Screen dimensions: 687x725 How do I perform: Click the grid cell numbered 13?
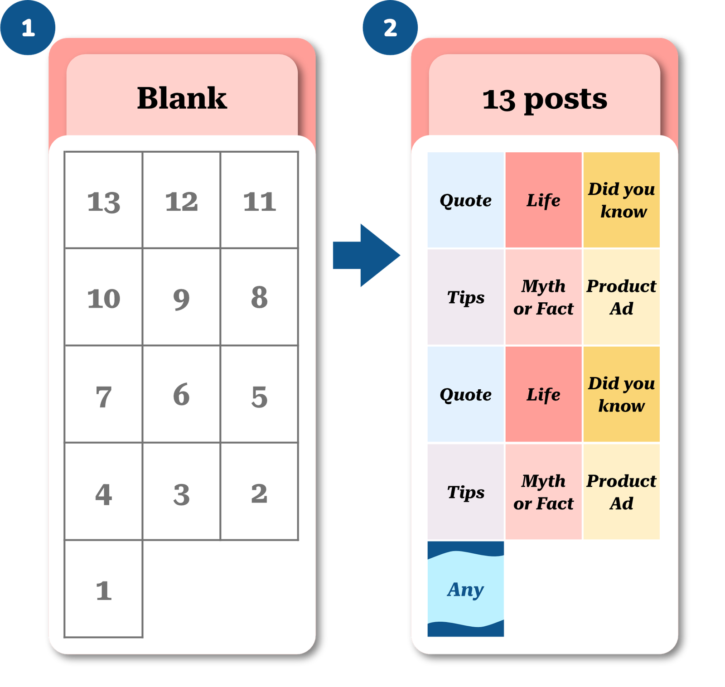click(104, 201)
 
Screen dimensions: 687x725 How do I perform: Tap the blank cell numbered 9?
click(181, 298)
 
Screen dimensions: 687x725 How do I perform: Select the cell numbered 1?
click(104, 590)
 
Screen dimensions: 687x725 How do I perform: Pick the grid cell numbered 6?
click(181, 395)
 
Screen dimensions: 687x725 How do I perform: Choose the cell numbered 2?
click(259, 492)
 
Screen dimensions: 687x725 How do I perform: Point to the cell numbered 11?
click(259, 201)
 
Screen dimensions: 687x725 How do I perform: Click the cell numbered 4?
click(104, 492)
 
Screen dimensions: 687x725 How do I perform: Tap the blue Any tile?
click(466, 589)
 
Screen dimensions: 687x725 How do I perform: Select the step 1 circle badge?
click(28, 28)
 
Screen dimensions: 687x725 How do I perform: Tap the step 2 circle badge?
click(390, 28)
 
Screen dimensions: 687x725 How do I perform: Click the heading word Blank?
click(182, 98)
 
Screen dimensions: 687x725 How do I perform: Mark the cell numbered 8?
click(259, 298)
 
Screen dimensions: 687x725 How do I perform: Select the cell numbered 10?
click(104, 298)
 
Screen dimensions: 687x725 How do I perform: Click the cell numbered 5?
click(259, 395)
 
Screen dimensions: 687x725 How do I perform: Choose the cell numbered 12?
click(181, 201)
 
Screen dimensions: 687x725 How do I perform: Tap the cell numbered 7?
click(104, 395)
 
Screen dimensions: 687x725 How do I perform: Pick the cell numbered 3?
click(181, 492)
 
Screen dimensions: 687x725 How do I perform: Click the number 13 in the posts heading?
click(498, 100)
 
